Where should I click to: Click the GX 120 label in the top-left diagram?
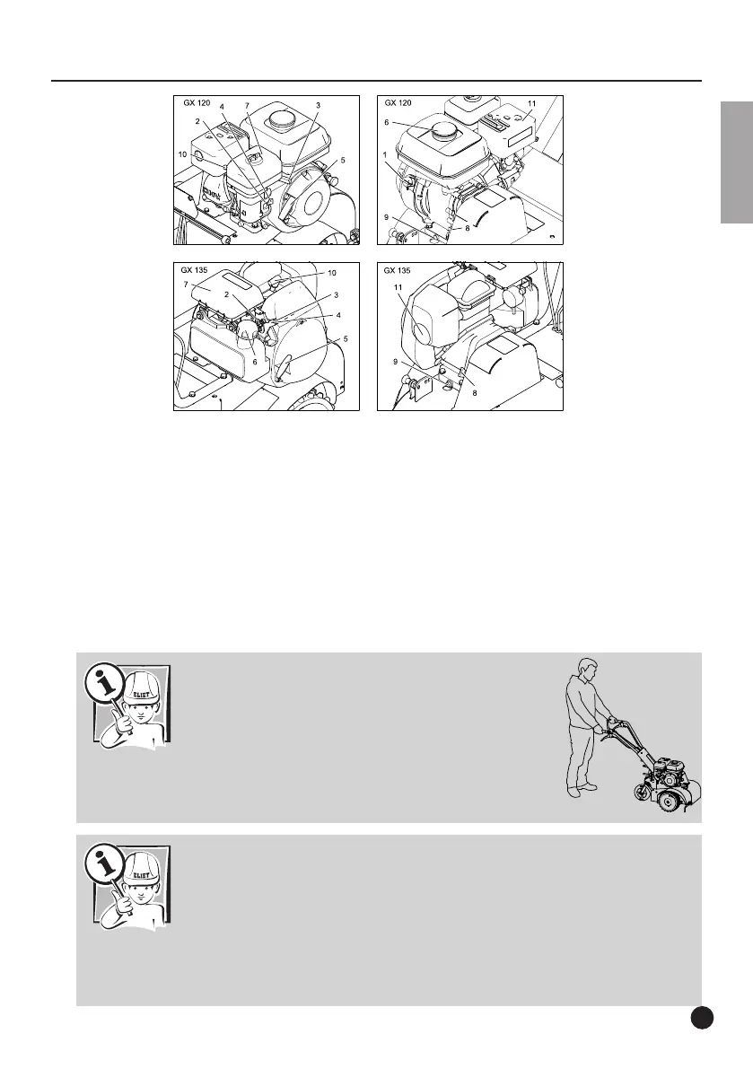(197, 103)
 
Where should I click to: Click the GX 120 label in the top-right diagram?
(398, 103)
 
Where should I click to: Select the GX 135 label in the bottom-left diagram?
(194, 270)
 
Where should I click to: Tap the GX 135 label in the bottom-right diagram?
(398, 271)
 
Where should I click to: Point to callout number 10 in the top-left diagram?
(182, 154)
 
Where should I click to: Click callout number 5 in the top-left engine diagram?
(343, 160)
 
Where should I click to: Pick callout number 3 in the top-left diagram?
(319, 106)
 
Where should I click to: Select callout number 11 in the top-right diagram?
(532, 103)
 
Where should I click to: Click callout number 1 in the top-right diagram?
(385, 154)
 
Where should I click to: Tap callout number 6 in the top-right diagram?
(387, 123)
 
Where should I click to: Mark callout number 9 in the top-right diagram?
(387, 217)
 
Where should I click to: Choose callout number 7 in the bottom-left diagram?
(186, 285)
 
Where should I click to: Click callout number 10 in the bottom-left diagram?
(332, 273)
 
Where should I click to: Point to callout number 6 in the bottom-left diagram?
(255, 362)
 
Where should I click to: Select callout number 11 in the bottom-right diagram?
(398, 288)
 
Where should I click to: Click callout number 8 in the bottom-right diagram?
(475, 393)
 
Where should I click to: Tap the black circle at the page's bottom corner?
(702, 1017)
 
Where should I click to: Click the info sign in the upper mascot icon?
(103, 684)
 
